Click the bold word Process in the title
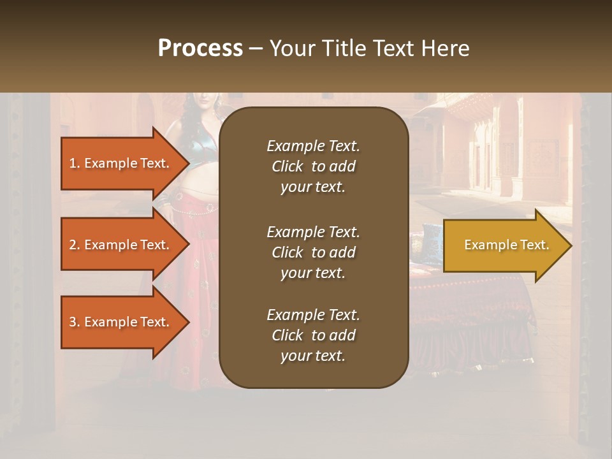coord(200,48)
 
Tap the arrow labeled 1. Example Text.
coord(121,163)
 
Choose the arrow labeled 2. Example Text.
coord(121,245)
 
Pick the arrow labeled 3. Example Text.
coord(121,322)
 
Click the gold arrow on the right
coord(504,245)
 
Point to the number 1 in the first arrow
coord(72,163)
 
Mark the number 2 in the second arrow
coord(73,245)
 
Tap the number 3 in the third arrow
coord(73,322)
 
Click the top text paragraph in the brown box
coord(313,166)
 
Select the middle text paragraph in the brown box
coord(313,252)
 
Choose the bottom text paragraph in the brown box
coord(313,335)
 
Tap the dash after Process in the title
coord(256,48)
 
